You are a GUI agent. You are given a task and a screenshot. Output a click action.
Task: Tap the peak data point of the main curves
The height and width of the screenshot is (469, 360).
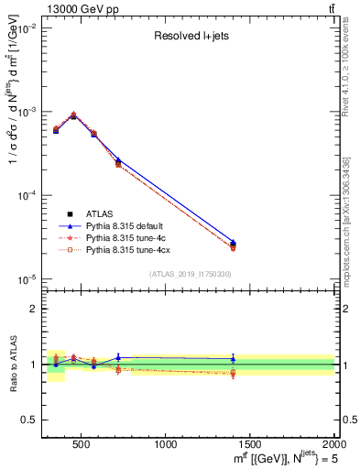tap(73, 115)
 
